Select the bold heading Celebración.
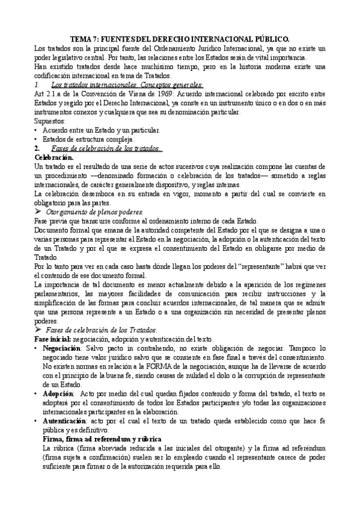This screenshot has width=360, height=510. [55, 157]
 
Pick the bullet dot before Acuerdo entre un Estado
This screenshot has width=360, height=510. [38, 130]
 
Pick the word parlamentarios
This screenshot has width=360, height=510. [61, 294]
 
